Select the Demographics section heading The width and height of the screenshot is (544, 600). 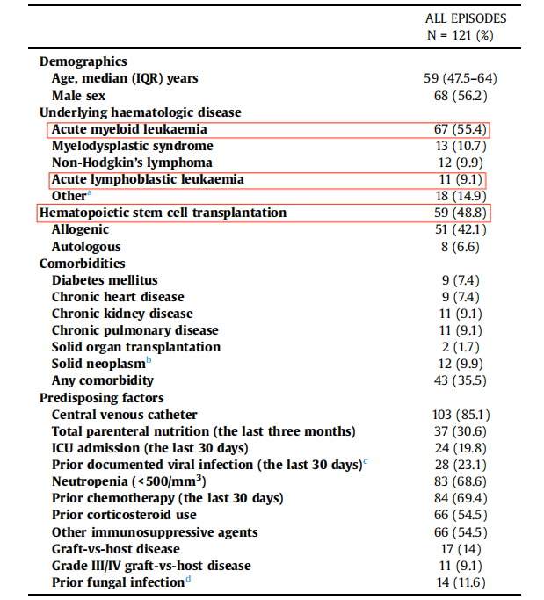point(83,61)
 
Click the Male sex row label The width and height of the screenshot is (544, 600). point(79,95)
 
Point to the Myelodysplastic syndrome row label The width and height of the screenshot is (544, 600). point(132,146)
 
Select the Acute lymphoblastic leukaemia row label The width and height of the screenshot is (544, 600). point(146,179)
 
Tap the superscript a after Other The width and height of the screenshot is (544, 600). point(89,193)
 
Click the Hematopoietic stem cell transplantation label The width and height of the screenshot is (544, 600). point(163,213)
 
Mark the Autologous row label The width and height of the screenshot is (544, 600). point(86,247)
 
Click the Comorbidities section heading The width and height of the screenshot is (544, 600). point(83,264)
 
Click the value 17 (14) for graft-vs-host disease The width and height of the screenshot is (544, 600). point(466,549)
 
